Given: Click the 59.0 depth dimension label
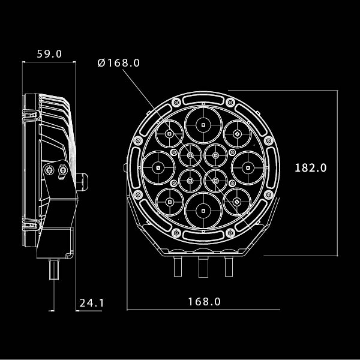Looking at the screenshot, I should pos(49,53).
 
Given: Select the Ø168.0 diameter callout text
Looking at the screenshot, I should pos(118,63).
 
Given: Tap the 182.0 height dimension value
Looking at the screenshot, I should pos(310,168).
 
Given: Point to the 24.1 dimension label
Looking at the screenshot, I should pos(92,303).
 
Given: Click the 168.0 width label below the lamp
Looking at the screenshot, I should pos(204,302).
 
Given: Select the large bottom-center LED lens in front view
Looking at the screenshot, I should pos(203,210).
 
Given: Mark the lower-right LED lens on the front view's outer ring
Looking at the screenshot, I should pos(236,202).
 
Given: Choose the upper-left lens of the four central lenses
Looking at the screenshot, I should pos(190,156).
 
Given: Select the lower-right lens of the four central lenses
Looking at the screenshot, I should pos(215,179).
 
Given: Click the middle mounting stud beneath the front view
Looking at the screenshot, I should pos(203,266).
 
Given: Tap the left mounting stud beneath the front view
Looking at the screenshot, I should pos(178,265).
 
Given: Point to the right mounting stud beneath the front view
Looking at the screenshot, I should pos(228,265).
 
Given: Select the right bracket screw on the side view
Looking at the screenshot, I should pos(64,171).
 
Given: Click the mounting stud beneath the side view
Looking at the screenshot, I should pos(55,269).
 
